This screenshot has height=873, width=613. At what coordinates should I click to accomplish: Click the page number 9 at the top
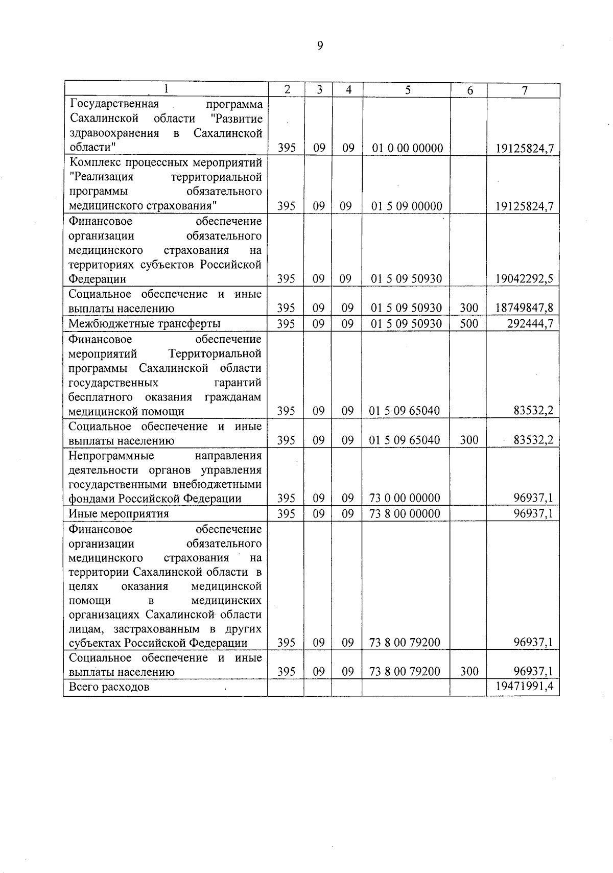(x=320, y=46)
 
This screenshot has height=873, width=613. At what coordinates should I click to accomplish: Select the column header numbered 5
(x=407, y=90)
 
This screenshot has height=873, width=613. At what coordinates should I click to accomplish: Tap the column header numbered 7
(x=524, y=90)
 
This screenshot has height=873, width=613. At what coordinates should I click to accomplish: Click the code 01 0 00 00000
(x=407, y=148)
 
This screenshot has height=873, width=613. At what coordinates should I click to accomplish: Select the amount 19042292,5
(x=524, y=279)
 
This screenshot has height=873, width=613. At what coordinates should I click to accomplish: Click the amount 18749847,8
(x=524, y=308)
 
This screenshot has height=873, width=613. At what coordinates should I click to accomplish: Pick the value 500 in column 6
(x=469, y=323)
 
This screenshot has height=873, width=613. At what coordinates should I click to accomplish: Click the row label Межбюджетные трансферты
(x=145, y=323)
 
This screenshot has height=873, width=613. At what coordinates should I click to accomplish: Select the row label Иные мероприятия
(x=119, y=513)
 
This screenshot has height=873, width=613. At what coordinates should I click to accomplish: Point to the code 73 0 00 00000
(x=405, y=498)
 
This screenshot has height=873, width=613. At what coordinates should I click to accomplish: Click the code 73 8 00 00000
(x=405, y=513)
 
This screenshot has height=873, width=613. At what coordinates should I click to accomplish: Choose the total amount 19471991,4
(x=524, y=687)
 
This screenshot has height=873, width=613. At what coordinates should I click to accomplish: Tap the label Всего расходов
(x=109, y=687)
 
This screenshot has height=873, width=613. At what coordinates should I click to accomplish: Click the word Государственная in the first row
(x=114, y=104)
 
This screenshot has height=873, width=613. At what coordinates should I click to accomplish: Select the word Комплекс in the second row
(x=92, y=162)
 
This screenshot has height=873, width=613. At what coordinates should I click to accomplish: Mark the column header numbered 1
(x=166, y=89)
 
